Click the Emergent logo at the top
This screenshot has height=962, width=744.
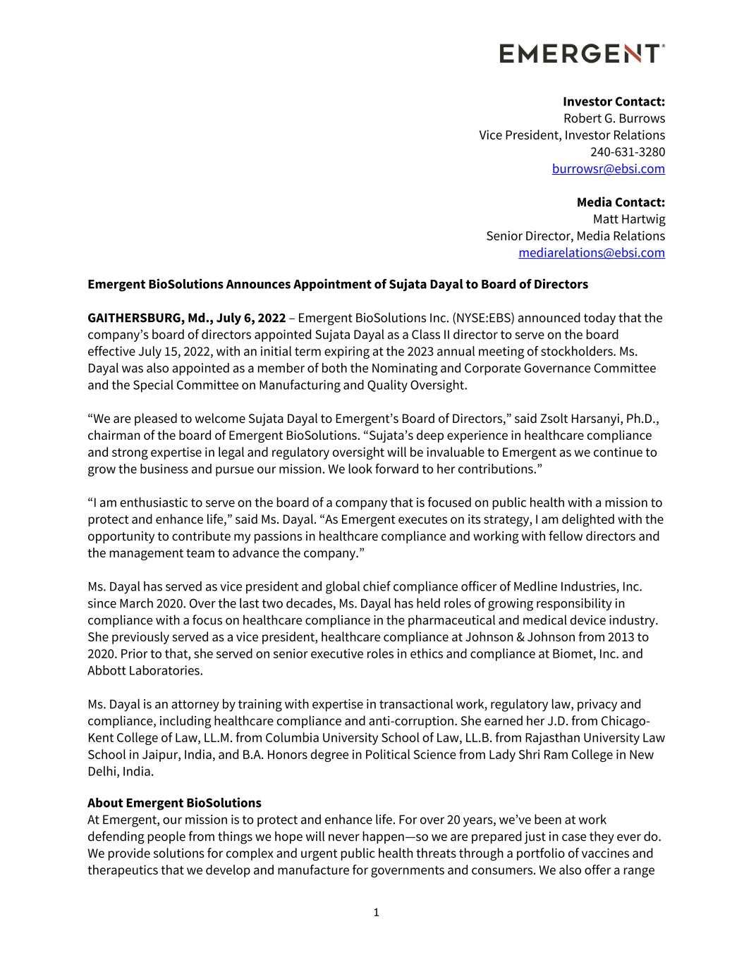tap(582, 54)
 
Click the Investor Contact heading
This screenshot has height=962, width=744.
tap(614, 101)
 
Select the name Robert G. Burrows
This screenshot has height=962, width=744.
tap(614, 118)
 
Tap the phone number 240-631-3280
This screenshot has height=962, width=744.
tap(627, 152)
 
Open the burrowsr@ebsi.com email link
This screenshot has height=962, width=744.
tap(608, 169)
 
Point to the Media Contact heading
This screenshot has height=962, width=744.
tap(621, 202)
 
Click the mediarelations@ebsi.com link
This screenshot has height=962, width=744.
tap(591, 253)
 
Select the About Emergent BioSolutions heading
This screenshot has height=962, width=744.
tap(174, 803)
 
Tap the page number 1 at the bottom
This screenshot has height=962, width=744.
tap(376, 913)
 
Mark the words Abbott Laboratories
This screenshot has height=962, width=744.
tap(145, 671)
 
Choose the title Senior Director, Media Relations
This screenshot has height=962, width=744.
tap(575, 236)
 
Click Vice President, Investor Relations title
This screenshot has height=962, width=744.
tap(571, 135)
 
